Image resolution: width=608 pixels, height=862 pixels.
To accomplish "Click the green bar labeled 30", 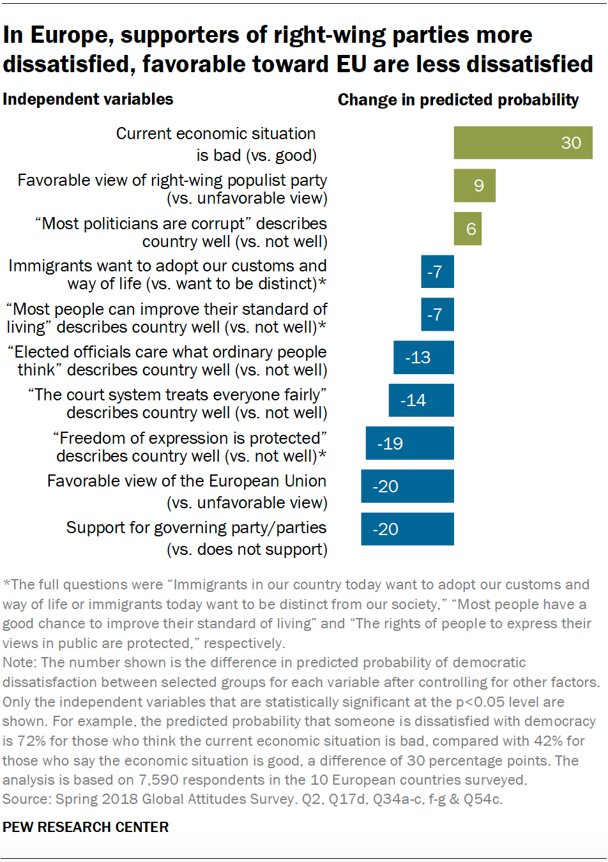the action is point(523,142).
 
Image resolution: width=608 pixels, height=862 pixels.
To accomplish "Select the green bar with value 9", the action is point(475,185).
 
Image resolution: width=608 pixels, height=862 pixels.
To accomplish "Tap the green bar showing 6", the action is point(467,229).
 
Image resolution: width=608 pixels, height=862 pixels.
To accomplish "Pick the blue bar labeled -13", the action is point(423,357).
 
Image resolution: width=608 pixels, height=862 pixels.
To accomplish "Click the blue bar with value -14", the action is point(422,400).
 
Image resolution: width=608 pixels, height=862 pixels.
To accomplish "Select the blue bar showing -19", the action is point(410,443).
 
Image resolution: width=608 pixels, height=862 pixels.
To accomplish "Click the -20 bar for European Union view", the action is point(407,486).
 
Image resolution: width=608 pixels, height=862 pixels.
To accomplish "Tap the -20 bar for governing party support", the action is point(407,529).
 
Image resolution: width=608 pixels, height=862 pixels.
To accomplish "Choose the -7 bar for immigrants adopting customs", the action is point(437,271).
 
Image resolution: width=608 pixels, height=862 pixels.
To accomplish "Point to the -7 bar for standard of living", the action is point(437,314).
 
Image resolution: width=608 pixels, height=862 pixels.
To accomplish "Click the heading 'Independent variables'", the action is point(88,99).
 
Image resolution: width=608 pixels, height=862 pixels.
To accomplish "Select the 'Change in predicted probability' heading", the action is point(458,100).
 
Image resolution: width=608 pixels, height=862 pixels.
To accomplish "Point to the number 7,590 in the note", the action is point(158,780).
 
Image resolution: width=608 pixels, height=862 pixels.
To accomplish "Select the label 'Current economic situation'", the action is point(216,133).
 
